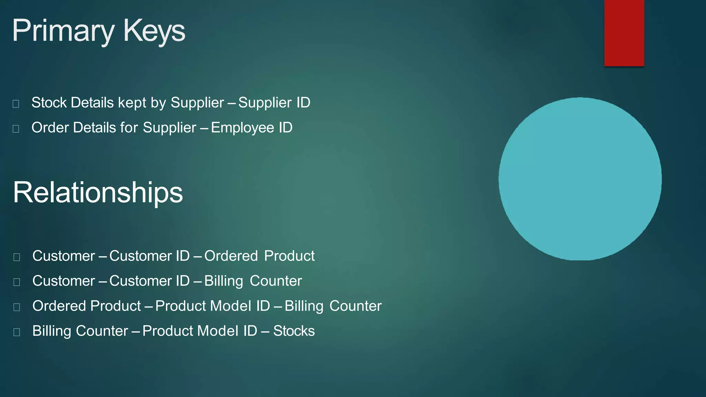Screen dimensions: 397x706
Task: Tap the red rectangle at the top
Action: (x=624, y=33)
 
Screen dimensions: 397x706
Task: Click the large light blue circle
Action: (x=580, y=179)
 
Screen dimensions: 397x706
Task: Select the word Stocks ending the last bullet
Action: (x=294, y=331)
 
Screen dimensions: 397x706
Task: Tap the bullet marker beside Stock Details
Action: (x=16, y=104)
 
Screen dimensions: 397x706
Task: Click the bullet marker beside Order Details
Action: (x=16, y=129)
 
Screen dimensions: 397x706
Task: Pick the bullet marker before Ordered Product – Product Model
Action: (x=17, y=307)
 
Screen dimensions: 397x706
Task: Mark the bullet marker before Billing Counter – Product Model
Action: (x=17, y=332)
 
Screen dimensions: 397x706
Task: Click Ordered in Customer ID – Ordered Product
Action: (x=231, y=256)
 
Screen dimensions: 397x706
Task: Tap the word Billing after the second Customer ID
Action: (x=224, y=281)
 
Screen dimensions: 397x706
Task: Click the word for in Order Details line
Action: (x=129, y=128)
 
